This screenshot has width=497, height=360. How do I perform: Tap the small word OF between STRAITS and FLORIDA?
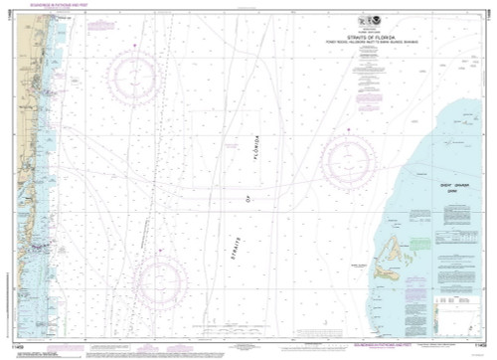pos(250,196)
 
